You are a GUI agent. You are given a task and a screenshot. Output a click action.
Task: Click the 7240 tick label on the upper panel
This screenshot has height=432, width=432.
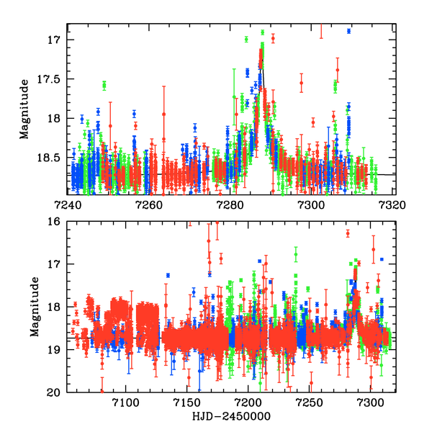(68, 204)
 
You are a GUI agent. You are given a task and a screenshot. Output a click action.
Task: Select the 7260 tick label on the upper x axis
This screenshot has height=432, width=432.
(149, 204)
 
